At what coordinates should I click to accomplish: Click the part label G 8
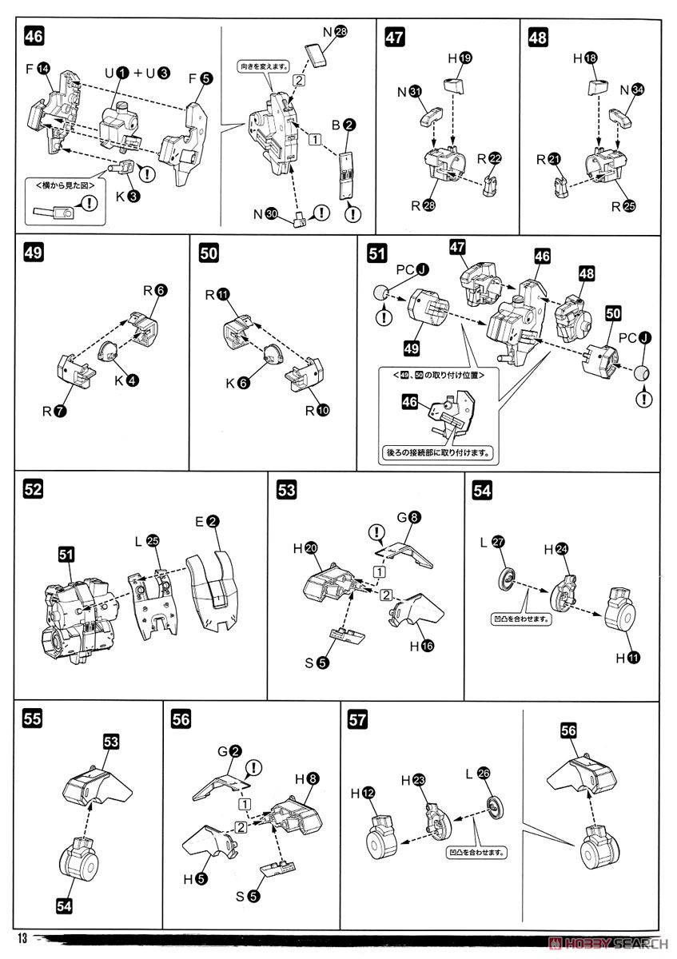[x=408, y=518]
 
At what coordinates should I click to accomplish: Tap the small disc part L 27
[x=507, y=579]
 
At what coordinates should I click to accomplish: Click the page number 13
[x=20, y=938]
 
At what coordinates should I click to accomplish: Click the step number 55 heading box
[x=33, y=718]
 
